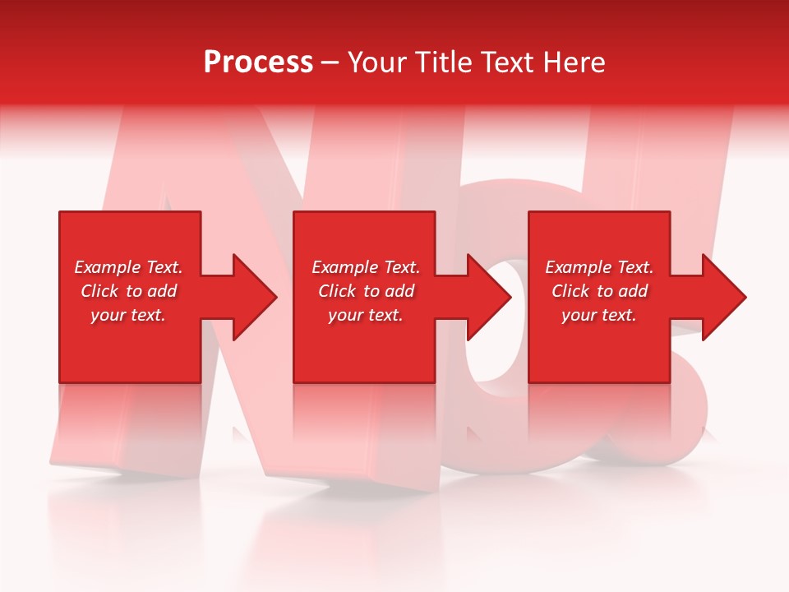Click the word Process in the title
pos(258,62)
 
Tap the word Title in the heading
pos(446,62)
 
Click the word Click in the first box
pos(99,291)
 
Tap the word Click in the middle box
pos(337,291)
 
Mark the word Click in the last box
pos(570,291)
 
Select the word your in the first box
pos(108,315)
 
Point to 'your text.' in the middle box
pos(365,315)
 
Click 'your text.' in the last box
pos(598,315)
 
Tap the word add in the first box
pos(162,291)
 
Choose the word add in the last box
pos(633,291)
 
